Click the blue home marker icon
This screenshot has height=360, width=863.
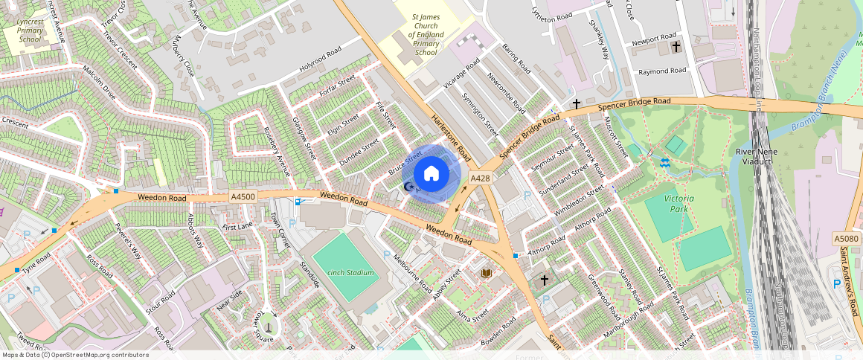pos(431,174)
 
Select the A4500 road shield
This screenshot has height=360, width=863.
pos(243,196)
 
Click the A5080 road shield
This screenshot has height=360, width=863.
pos(847,239)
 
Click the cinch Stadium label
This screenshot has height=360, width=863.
pos(350,273)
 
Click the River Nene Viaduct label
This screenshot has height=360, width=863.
pos(756,158)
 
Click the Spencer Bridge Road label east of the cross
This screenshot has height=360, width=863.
pos(634,105)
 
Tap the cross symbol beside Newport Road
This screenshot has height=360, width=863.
pos(676,47)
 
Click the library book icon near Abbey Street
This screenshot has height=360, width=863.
pos(487,274)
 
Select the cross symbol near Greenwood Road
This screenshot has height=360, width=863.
pos(544,280)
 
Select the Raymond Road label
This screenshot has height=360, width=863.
pos(662,71)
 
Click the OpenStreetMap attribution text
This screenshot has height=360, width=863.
pos(75,355)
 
